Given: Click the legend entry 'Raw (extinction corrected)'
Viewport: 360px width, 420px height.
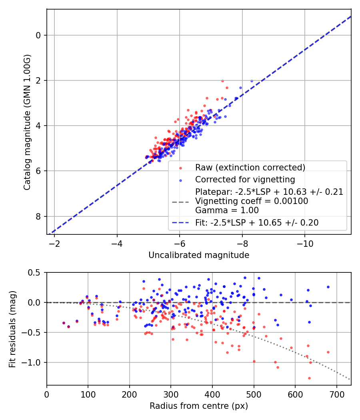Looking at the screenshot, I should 250,167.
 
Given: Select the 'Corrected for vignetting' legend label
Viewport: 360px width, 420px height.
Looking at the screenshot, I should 245,179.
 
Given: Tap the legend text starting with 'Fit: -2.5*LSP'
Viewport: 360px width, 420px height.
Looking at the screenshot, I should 257,223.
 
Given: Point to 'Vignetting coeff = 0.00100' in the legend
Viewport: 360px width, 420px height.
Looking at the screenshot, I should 252,201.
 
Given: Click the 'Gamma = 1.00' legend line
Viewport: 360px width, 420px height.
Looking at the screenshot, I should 227,210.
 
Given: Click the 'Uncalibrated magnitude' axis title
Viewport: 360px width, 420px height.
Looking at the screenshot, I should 199,255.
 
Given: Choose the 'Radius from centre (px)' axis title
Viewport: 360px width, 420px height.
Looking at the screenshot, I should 199,406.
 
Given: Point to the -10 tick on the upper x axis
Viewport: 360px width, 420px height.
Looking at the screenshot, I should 305,244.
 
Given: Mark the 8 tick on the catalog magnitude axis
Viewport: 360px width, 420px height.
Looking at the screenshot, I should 39,216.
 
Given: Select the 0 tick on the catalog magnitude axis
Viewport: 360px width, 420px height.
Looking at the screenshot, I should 39,35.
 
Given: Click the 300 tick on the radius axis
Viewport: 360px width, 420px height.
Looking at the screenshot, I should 171,394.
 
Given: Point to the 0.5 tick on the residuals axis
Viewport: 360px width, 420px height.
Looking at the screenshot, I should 36,272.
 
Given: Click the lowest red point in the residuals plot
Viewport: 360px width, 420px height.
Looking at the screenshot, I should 309,378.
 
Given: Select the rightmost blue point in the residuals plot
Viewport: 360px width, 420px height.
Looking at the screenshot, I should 328,287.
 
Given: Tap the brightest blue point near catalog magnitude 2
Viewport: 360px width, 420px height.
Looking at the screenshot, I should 252,81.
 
